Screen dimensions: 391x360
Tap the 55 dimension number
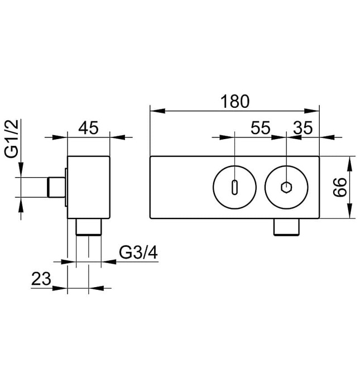tap(260, 128)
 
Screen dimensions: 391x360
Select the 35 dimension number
tap(302, 128)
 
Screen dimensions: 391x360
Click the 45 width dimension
tap(88, 128)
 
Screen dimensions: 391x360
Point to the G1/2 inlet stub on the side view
tap(56, 187)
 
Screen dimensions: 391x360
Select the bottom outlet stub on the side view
tap(88, 227)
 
